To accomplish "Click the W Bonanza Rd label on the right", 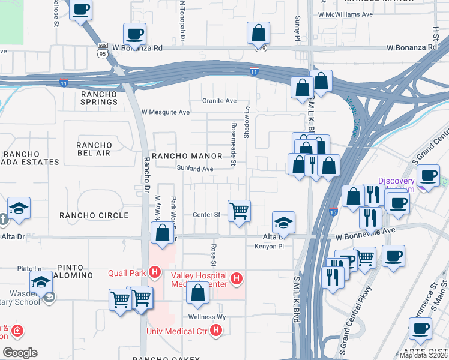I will tap(411, 47).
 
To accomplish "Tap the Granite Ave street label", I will tap(219, 101).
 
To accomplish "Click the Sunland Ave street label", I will tap(195, 169).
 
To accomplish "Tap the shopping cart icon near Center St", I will tap(240, 211).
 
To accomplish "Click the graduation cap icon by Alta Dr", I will tap(283, 222).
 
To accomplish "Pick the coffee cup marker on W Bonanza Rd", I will tap(134, 34).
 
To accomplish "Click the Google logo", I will tap(20, 353).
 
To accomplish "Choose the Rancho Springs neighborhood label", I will tap(100, 98).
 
